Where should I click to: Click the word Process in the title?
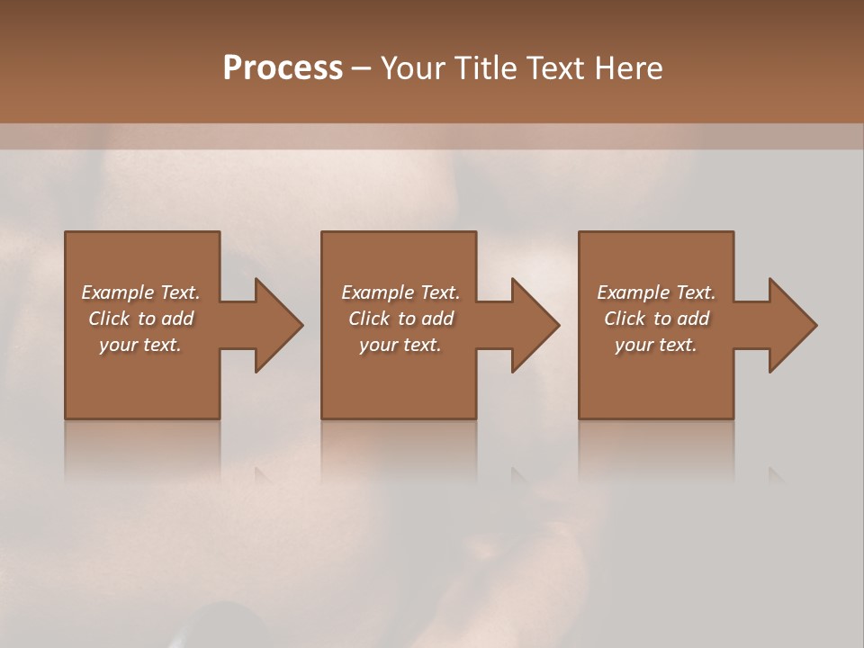coord(283,68)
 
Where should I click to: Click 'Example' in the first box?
coord(117,292)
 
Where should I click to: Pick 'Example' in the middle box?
coord(377,292)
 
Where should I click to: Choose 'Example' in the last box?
coord(633,292)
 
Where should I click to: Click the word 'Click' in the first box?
coord(109,319)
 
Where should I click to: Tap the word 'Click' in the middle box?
coord(369,319)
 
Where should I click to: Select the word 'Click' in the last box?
coord(625,319)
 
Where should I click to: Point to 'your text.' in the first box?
coord(140,345)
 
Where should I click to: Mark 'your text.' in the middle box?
coord(400,345)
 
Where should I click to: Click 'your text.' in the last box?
coord(655,345)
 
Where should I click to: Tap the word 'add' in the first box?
coord(177,319)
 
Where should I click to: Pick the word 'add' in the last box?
coord(693,319)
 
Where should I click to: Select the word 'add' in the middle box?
coord(437,319)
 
